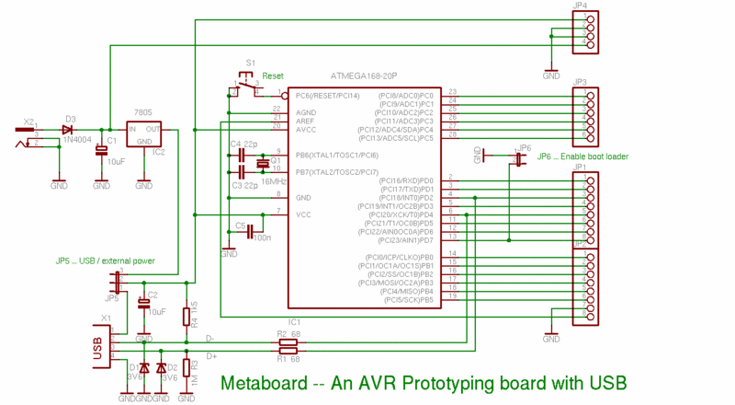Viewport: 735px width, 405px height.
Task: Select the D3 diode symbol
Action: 67,130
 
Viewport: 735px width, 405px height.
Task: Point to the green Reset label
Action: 273,75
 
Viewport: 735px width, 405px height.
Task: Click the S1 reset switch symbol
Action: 246,86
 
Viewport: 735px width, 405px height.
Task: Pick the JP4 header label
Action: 580,6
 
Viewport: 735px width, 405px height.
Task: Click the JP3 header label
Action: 580,81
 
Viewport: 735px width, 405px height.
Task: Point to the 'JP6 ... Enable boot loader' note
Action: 582,156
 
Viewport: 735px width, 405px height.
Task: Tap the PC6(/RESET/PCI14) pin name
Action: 327,95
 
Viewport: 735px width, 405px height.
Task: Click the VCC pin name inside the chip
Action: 304,214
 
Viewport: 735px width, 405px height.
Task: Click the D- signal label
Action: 210,339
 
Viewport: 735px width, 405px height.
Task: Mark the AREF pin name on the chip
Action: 305,121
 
